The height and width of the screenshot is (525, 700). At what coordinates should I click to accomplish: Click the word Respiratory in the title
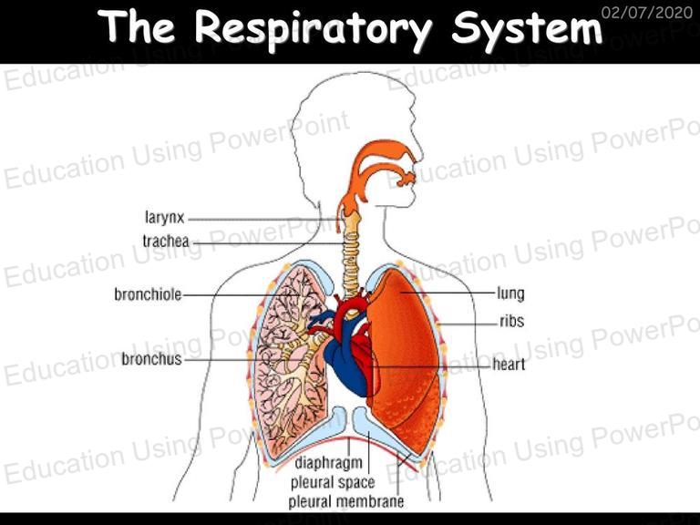[313, 27]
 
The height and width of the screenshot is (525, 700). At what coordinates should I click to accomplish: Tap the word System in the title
[527, 27]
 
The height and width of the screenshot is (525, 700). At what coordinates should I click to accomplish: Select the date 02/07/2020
[647, 12]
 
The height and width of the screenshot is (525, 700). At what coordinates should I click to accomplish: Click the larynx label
[165, 218]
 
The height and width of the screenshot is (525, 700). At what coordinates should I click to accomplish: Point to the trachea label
[166, 241]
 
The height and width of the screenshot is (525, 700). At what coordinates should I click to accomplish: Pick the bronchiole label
[149, 294]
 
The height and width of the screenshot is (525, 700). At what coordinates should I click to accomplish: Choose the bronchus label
[152, 358]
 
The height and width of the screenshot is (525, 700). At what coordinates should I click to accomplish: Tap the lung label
[510, 294]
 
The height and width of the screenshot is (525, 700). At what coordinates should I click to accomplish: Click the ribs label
[511, 321]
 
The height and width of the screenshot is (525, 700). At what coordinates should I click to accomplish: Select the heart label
[509, 365]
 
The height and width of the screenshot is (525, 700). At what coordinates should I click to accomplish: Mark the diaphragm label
[328, 463]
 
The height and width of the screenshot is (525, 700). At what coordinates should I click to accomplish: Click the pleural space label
[333, 482]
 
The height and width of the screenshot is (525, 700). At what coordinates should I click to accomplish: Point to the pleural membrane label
[346, 501]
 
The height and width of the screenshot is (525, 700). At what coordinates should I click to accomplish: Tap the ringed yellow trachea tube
[351, 254]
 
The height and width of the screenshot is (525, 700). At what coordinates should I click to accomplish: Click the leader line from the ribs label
[468, 324]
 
